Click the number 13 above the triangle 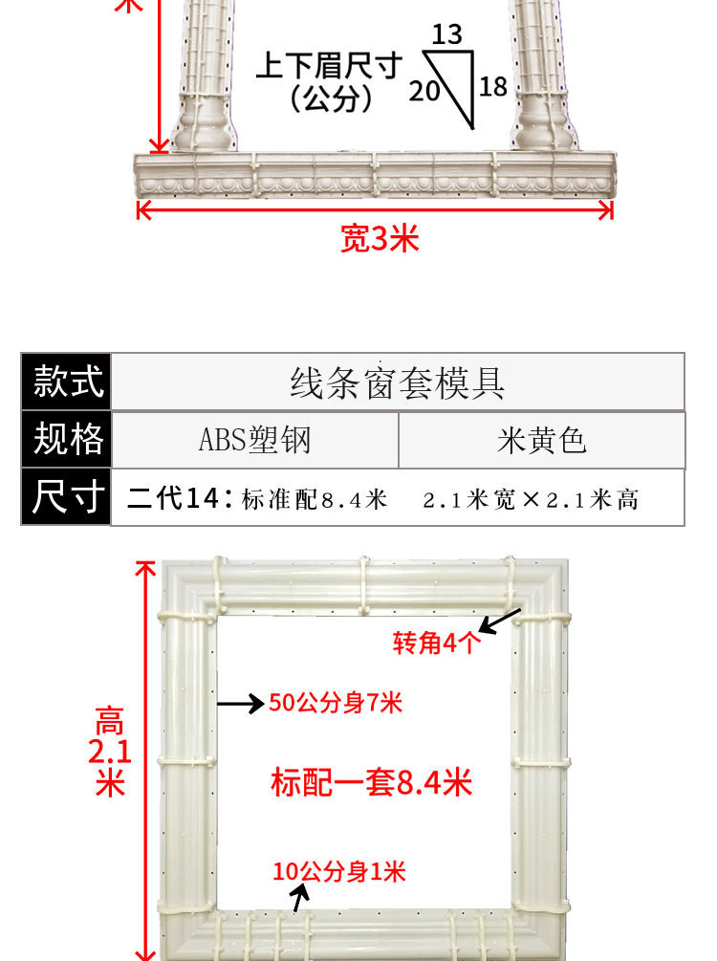click(446, 35)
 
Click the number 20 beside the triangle click(424, 91)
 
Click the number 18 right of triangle click(493, 87)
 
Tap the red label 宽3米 click(380, 238)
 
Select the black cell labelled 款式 click(67, 382)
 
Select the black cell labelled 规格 click(67, 440)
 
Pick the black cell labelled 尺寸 click(67, 497)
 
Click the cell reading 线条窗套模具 click(398, 382)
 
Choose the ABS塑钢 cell click(254, 440)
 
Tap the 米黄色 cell click(541, 440)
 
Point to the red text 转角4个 click(438, 644)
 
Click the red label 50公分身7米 click(336, 704)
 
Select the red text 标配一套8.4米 click(372, 783)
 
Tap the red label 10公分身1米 click(339, 871)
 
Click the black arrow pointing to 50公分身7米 click(240, 704)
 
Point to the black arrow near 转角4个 click(500, 620)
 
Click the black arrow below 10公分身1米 click(301, 898)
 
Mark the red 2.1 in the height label click(109, 752)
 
